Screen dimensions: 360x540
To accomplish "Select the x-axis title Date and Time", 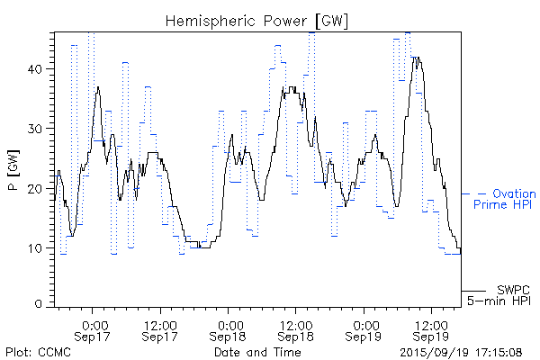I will pyautogui.click(x=257, y=352).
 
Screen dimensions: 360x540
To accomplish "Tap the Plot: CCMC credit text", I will pyautogui.click(x=35, y=352).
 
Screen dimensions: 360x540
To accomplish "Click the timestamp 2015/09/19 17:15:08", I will pyautogui.click(x=462, y=352).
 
